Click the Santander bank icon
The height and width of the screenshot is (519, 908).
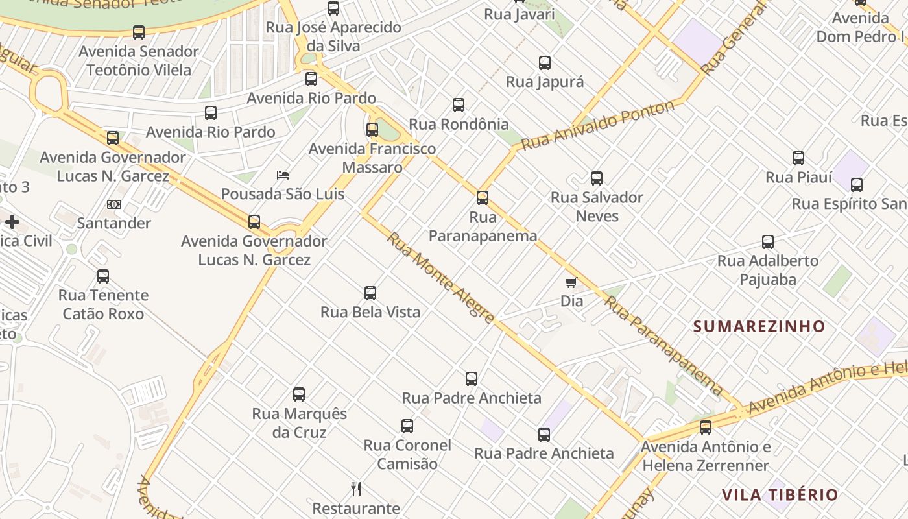click(x=114, y=204)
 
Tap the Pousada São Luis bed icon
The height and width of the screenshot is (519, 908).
click(x=283, y=175)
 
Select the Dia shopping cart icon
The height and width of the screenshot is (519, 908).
click(x=571, y=282)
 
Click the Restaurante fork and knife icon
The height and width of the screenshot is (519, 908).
click(x=355, y=489)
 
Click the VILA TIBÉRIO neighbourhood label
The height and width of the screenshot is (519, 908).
click(x=780, y=495)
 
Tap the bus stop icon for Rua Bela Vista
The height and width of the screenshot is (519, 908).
click(x=370, y=293)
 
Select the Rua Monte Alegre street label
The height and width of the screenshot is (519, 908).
click(x=441, y=278)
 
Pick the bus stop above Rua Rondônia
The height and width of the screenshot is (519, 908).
click(x=459, y=105)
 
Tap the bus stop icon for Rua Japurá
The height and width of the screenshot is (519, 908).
click(x=545, y=63)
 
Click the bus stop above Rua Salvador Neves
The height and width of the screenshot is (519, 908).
click(x=597, y=178)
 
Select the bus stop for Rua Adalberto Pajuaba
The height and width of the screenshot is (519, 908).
click(x=768, y=242)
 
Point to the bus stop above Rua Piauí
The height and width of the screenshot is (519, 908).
click(x=798, y=158)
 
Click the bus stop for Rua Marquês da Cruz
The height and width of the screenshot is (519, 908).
click(x=299, y=394)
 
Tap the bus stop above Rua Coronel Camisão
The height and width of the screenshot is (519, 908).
click(x=407, y=426)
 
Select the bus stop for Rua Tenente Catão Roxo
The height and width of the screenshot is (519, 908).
click(x=103, y=276)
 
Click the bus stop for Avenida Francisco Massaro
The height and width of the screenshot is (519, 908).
click(x=372, y=130)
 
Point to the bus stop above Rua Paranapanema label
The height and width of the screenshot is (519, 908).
click(x=483, y=198)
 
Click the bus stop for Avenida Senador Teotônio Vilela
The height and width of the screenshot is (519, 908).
click(x=139, y=32)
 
